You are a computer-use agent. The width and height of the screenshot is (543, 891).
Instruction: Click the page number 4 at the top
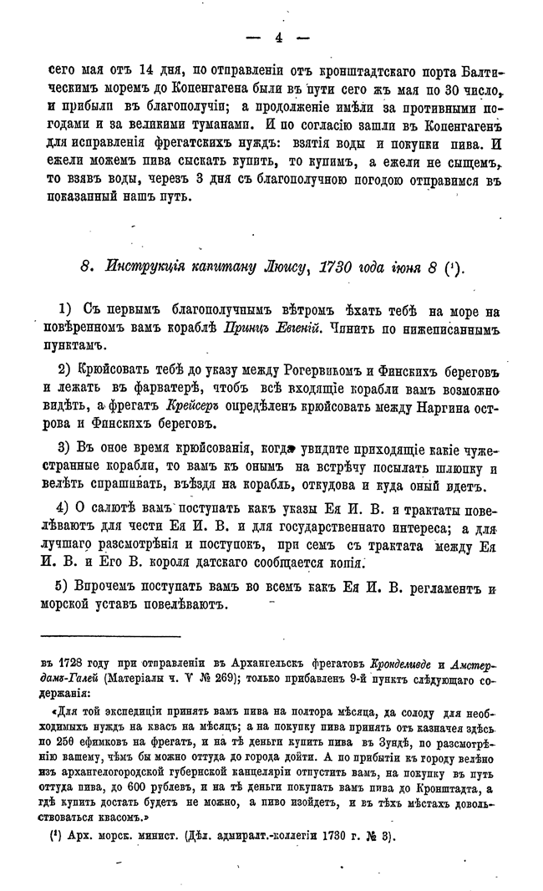coord(278,36)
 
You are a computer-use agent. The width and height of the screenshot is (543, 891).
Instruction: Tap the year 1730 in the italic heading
coord(336,268)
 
